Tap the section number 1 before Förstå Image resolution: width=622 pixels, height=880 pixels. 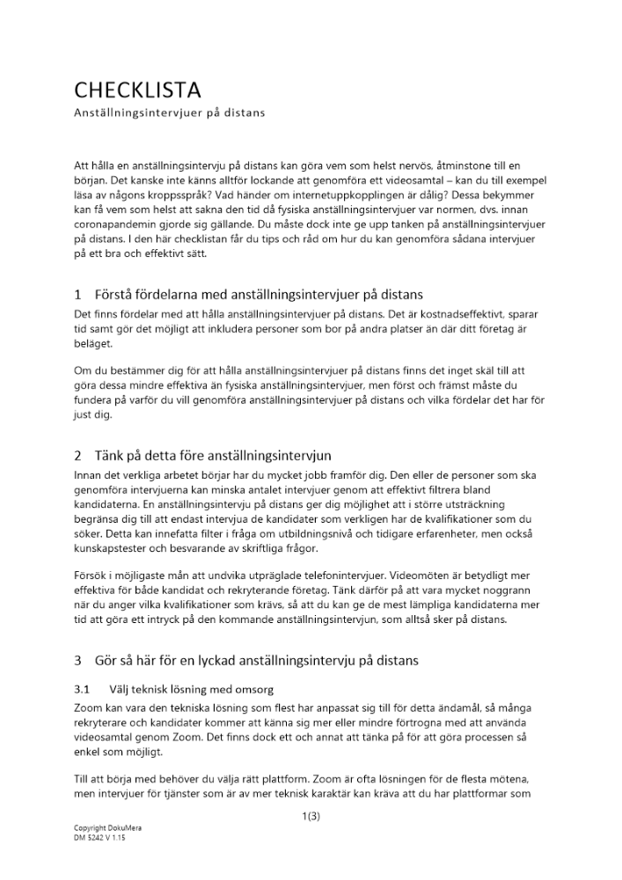77,294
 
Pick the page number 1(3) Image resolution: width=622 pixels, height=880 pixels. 311,817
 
